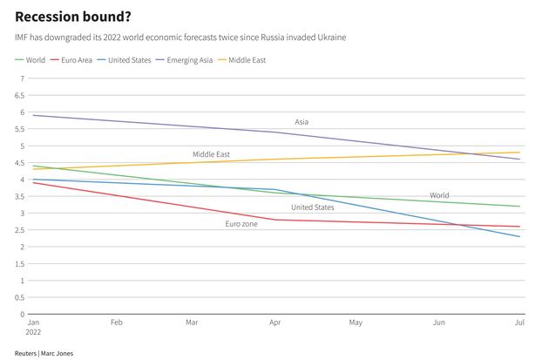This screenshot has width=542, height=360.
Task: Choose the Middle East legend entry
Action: (x=247, y=60)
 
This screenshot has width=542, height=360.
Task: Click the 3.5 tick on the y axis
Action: (x=21, y=196)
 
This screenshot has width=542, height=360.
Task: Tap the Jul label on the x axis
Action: (x=519, y=323)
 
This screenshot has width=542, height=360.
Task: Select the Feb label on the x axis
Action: (x=117, y=323)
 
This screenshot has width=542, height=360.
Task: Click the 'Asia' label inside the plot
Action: (x=301, y=122)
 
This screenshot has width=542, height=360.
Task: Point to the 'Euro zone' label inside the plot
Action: (x=241, y=225)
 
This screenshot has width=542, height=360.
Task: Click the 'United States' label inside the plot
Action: (x=312, y=207)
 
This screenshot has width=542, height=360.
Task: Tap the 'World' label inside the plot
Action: (x=439, y=195)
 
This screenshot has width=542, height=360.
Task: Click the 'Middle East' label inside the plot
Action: (x=211, y=154)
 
